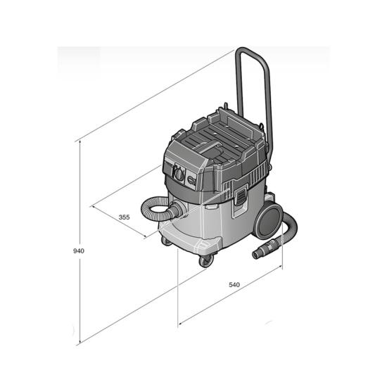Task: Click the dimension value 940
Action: point(79,251)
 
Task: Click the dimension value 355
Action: point(124,217)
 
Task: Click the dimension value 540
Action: point(234,284)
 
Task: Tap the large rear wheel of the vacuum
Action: point(269,220)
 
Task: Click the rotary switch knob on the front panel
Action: point(179,174)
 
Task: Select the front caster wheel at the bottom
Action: point(206,261)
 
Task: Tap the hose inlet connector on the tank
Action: point(178,210)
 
